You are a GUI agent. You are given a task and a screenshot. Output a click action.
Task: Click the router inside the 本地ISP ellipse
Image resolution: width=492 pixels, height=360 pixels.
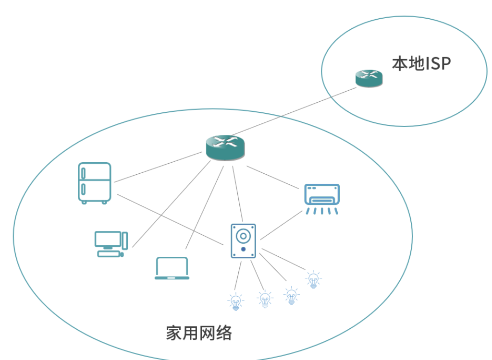pos(369,78)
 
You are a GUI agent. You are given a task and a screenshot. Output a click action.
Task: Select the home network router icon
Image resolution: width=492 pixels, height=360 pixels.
pos(225,147)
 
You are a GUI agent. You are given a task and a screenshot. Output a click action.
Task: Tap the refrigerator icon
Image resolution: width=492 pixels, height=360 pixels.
pos(95,183)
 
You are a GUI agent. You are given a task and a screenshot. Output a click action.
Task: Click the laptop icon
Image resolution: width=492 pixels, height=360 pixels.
pos(172,268)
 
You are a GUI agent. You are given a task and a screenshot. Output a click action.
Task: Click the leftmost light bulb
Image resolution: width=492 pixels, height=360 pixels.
pos(235,301)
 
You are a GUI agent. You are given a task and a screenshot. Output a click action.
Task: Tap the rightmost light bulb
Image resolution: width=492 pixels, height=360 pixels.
pos(313,279)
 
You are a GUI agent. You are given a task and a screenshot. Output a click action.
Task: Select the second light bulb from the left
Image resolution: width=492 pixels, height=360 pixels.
pos(265,300)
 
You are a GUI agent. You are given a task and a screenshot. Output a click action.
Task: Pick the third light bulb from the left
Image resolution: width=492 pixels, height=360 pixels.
pos(291,295)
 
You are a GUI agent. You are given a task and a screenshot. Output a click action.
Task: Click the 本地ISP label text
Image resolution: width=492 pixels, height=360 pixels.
pos(421,64)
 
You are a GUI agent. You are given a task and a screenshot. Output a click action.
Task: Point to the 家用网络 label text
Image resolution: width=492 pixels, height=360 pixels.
pos(199,333)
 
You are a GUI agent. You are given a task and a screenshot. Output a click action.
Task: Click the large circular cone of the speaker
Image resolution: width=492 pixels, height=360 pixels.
pos(243,236)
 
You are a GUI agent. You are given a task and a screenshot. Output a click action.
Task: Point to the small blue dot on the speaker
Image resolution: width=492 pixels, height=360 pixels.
pos(243,249)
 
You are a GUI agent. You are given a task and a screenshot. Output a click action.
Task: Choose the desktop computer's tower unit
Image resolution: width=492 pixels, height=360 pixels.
pos(124,240)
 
